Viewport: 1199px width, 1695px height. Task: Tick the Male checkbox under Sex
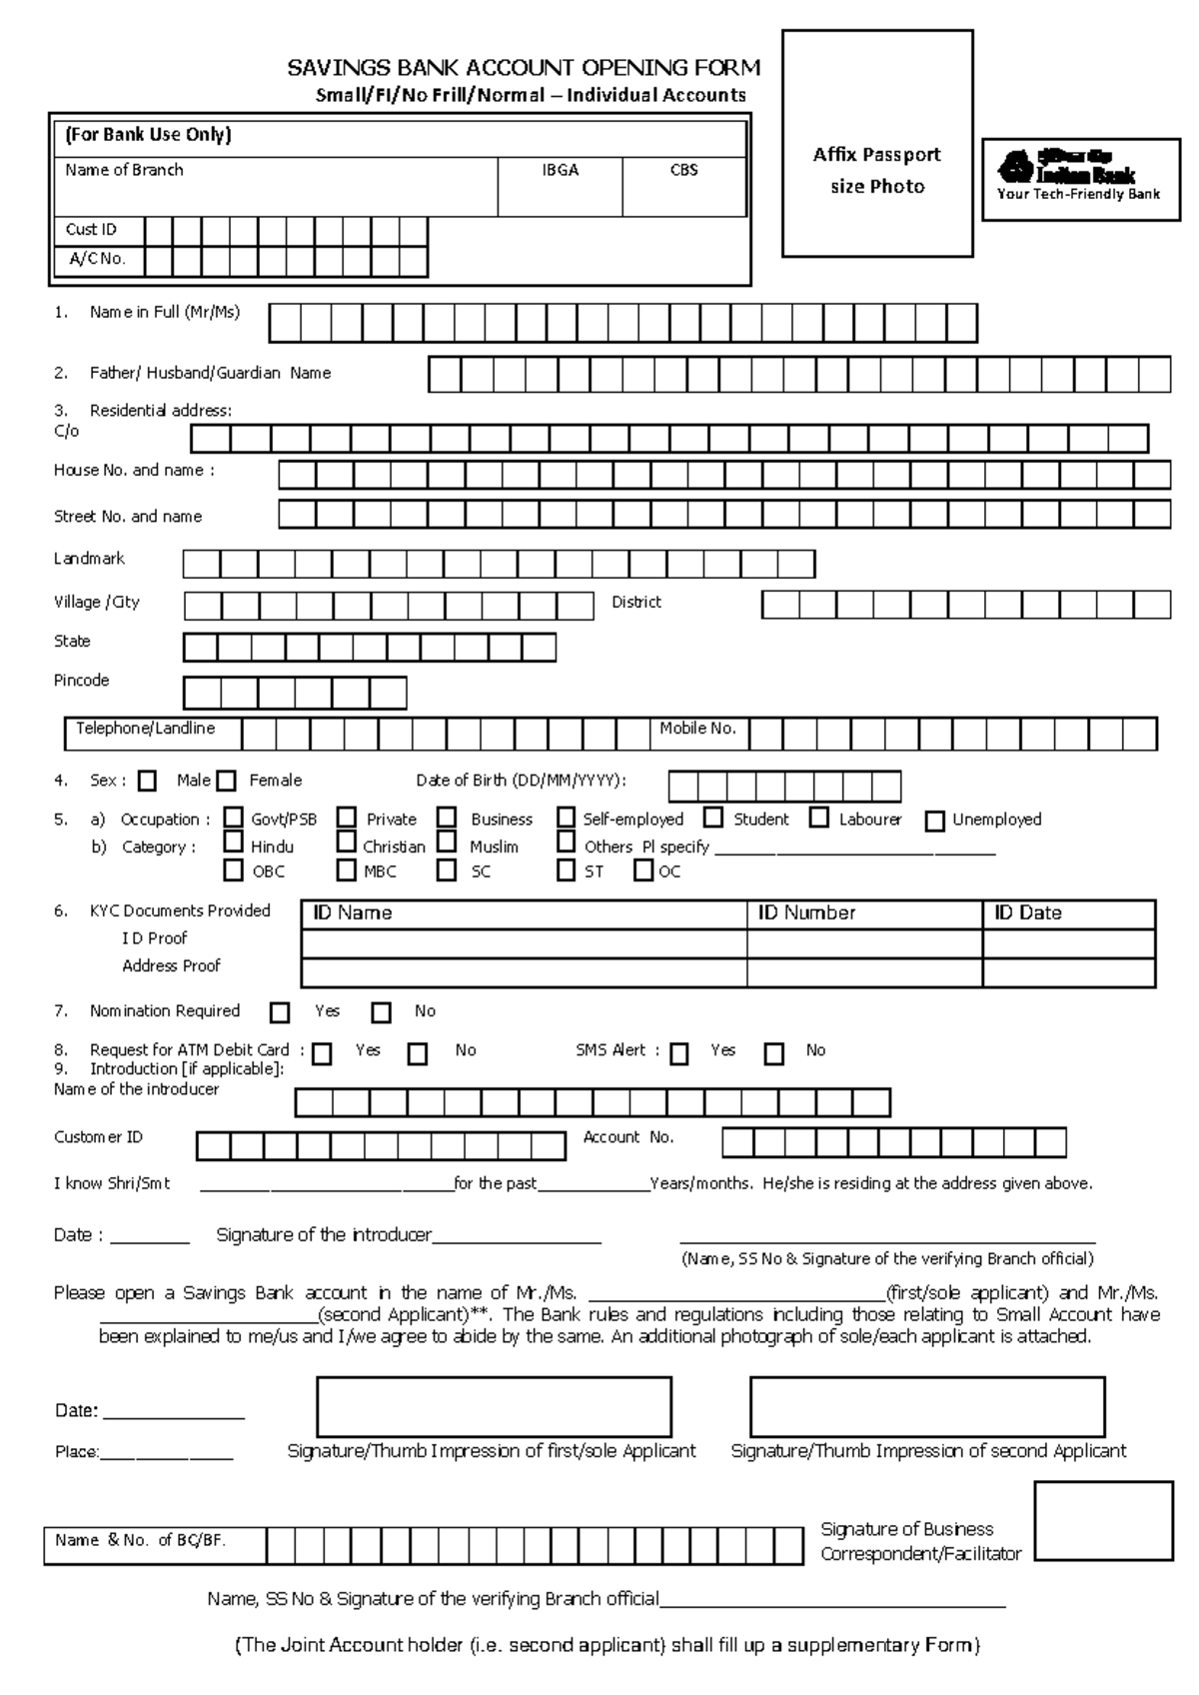click(x=148, y=781)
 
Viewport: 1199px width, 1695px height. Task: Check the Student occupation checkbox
click(x=713, y=818)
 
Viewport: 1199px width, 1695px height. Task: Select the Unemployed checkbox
click(x=934, y=821)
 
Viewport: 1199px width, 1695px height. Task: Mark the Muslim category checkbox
click(x=447, y=843)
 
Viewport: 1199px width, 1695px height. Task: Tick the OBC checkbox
click(x=233, y=869)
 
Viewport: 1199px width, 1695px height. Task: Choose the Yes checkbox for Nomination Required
click(x=280, y=1012)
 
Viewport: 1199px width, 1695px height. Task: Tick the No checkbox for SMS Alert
click(x=774, y=1052)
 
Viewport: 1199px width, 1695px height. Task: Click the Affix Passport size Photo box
click(x=876, y=143)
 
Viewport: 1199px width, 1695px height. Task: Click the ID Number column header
click(x=805, y=912)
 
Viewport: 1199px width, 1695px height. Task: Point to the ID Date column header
click(x=1027, y=912)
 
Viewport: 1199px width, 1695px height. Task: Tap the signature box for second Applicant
click(x=927, y=1406)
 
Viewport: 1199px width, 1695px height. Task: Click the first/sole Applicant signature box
click(x=494, y=1406)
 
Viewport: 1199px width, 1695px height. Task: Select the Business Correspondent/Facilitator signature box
click(x=1103, y=1520)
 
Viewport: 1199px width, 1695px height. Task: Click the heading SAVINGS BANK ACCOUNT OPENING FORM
click(x=524, y=68)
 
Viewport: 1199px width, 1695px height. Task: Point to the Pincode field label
click(x=81, y=680)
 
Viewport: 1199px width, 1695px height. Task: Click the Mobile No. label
click(x=697, y=729)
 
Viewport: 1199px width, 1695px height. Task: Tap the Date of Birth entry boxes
click(x=784, y=787)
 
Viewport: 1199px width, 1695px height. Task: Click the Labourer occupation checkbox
click(x=819, y=818)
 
